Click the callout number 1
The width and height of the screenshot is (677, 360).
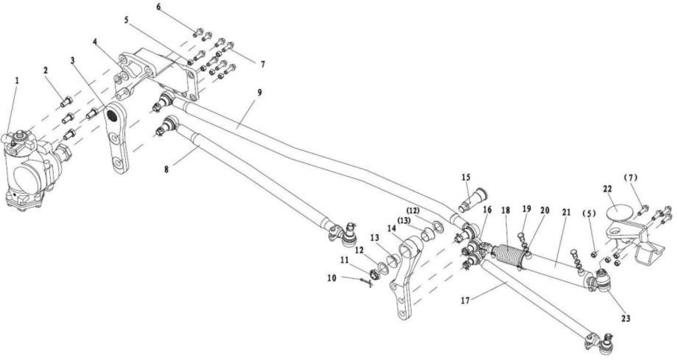click(17, 81)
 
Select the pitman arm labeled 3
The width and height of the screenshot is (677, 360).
click(117, 138)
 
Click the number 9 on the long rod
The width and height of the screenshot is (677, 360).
click(260, 92)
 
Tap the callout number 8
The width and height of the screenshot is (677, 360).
click(166, 169)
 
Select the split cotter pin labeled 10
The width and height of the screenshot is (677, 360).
click(366, 282)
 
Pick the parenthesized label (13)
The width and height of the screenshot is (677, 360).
click(405, 221)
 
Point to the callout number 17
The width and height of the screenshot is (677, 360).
click(465, 301)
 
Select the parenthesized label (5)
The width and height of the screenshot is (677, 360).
click(589, 214)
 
